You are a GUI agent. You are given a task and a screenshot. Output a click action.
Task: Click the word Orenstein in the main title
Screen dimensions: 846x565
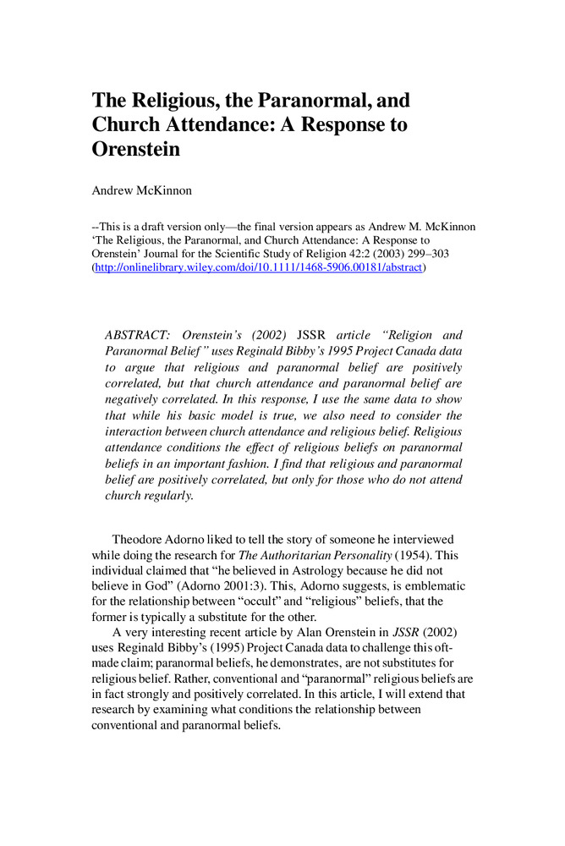(x=136, y=150)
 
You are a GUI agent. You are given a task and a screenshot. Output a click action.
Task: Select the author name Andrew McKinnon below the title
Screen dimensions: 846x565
(x=141, y=190)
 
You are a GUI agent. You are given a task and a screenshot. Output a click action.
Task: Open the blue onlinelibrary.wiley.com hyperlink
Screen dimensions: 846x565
(x=258, y=267)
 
